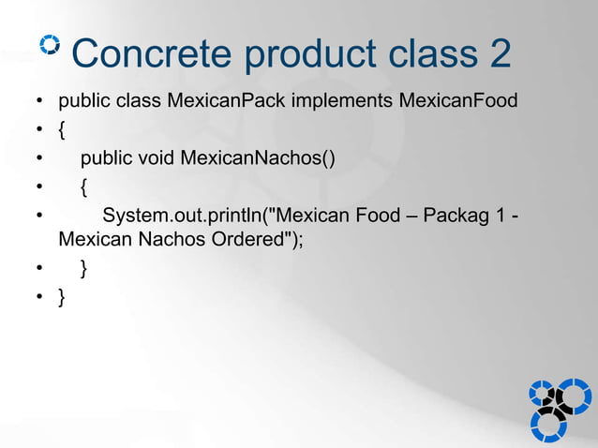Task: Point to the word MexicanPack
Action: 226,99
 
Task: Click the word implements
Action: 341,99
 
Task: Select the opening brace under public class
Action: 62,129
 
